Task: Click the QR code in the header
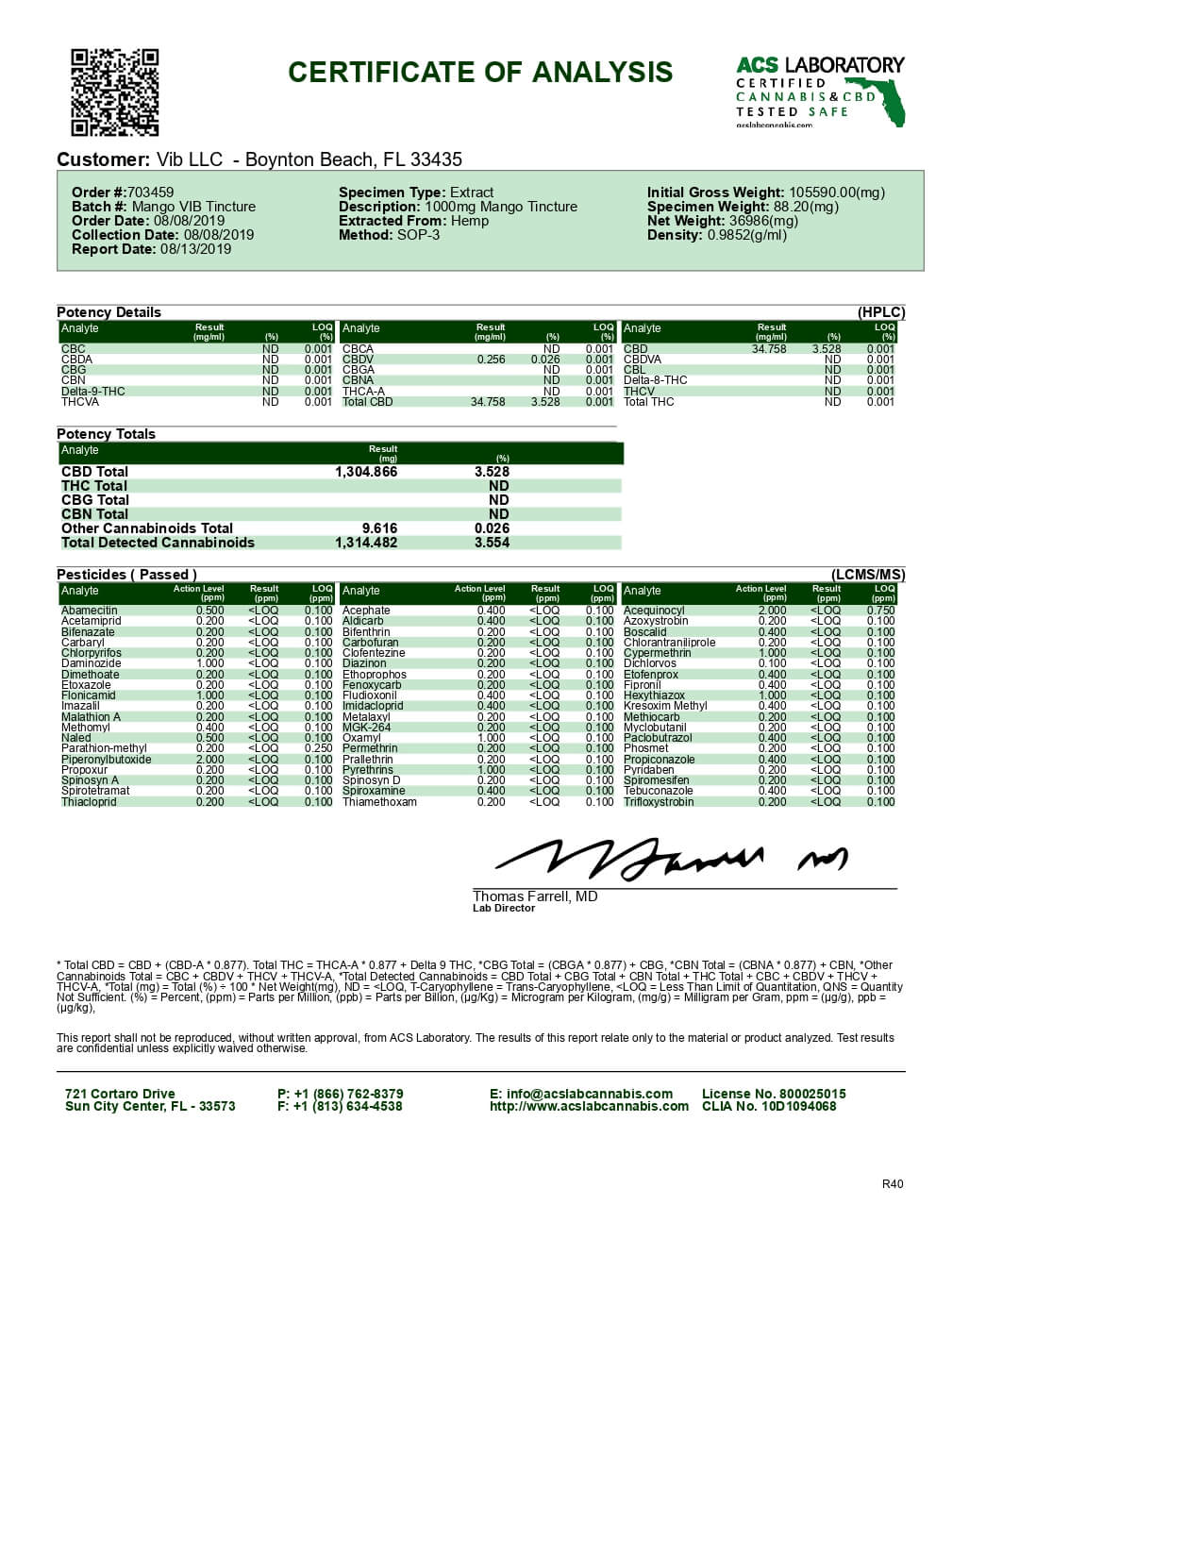[x=114, y=92]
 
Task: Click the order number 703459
[x=150, y=193]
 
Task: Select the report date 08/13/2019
[x=195, y=249]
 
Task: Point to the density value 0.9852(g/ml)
[x=746, y=235]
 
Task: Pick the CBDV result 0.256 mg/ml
[x=491, y=360]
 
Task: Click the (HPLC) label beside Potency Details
[x=880, y=312]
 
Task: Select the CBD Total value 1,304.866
[x=366, y=472]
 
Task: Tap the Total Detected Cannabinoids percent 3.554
[x=492, y=543]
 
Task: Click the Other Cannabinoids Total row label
[x=147, y=528]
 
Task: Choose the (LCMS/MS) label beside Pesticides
[x=867, y=575]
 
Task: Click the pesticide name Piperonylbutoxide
[x=106, y=760]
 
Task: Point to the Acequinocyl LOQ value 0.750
[x=880, y=611]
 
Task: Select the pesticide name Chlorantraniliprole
[x=669, y=643]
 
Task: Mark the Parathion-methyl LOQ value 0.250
[x=318, y=748]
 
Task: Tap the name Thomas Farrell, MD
[x=535, y=896]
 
